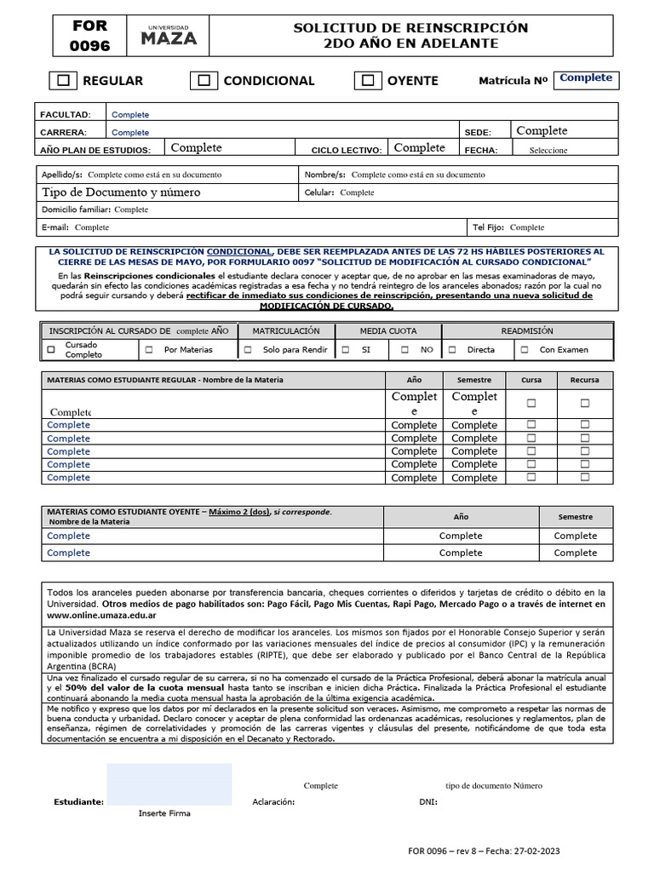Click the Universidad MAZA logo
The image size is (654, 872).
168,36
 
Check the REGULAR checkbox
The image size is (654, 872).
63,81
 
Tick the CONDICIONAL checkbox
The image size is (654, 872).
204,81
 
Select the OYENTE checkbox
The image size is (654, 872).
368,81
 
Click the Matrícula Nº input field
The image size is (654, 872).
586,79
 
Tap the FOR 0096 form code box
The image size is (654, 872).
90,36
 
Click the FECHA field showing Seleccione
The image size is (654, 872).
548,150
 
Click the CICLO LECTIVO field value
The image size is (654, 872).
419,148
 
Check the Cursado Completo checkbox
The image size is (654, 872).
51,350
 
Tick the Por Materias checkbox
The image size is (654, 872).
149,350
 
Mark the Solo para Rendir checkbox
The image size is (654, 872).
248,350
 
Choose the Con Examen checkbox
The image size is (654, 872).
525,350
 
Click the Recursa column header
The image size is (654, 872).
584,380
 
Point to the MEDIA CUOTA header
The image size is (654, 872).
388,330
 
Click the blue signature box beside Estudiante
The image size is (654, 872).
169,784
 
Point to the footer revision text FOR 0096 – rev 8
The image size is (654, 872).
483,851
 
